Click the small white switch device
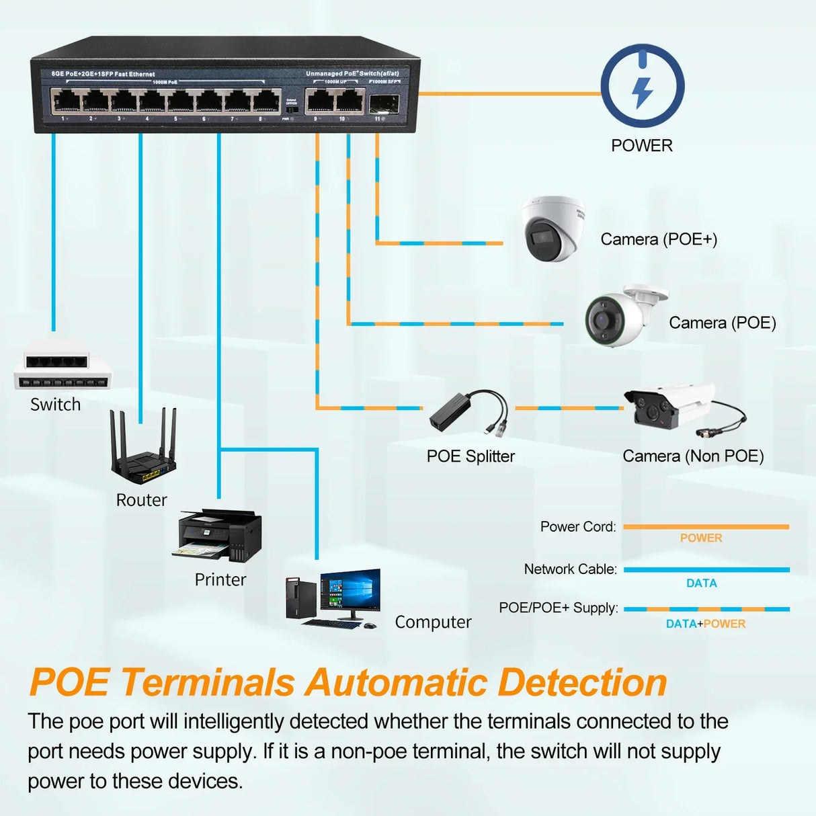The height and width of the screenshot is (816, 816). point(61,366)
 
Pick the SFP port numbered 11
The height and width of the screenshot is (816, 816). point(383,102)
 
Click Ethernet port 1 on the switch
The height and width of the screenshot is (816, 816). point(66,101)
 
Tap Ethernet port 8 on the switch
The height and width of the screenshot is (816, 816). point(266,101)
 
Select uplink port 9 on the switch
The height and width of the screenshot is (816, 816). point(318,101)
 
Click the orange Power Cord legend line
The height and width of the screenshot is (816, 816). point(706,527)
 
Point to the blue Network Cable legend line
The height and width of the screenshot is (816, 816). point(706,569)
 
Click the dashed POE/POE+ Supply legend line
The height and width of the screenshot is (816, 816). point(706,609)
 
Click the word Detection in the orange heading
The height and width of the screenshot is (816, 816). point(582,683)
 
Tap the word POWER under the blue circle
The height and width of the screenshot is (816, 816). point(642,145)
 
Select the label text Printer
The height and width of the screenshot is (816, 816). point(220,579)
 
